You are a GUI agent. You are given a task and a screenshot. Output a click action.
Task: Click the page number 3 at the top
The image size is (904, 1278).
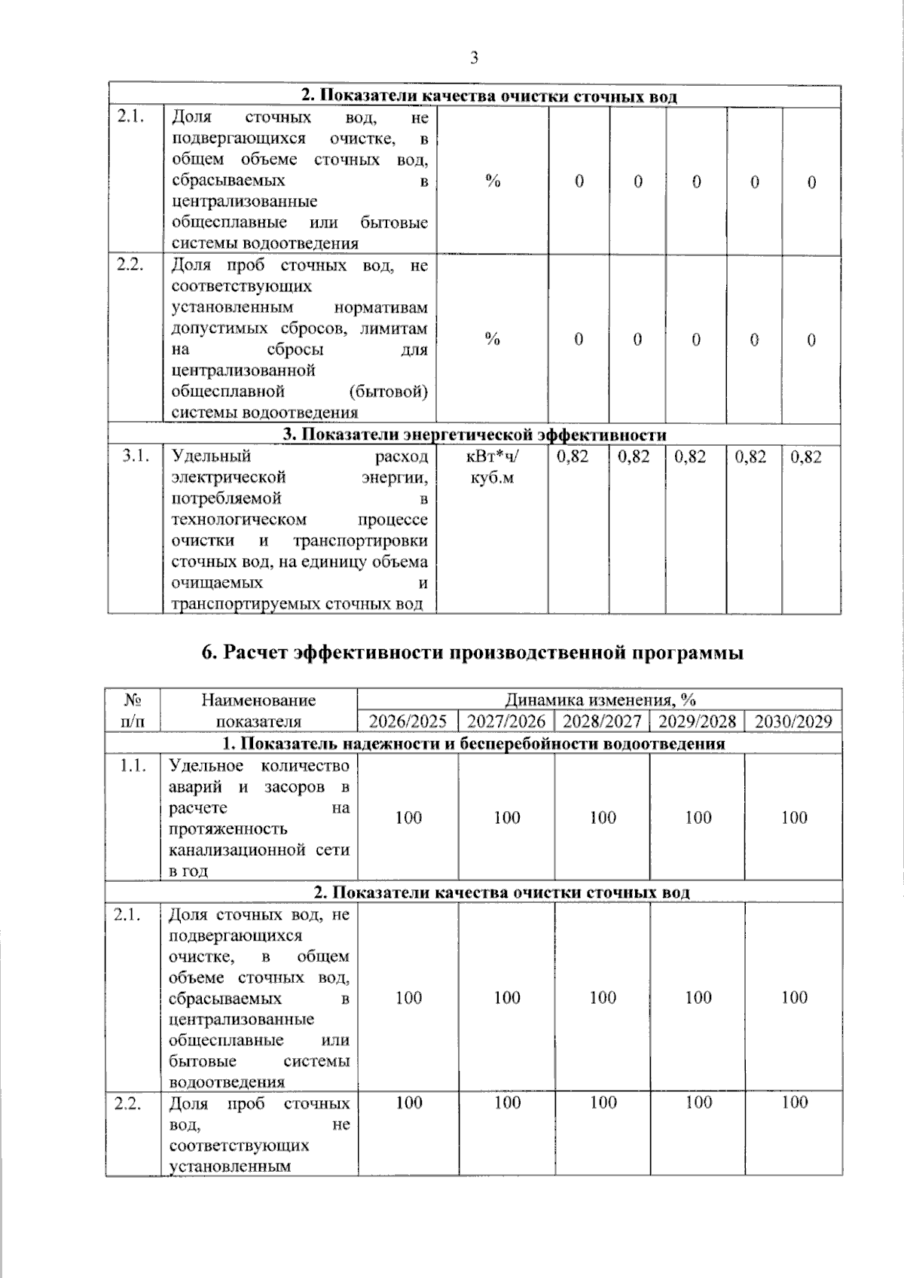coord(474,58)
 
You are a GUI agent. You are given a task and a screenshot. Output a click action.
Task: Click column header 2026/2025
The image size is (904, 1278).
coord(408,721)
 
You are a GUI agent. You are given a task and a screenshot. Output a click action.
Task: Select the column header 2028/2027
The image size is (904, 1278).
coord(602,721)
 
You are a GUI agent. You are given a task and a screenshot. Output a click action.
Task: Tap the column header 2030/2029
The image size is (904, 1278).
coord(793,721)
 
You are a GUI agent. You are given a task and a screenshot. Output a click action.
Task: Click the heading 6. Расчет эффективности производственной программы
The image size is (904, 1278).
coord(472,652)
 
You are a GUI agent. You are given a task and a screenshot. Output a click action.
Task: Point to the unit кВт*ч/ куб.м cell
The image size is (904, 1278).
coord(493,467)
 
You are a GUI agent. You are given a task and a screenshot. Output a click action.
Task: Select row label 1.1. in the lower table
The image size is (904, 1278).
coord(132,766)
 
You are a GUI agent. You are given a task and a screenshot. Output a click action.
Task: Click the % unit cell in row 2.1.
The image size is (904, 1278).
coord(493,181)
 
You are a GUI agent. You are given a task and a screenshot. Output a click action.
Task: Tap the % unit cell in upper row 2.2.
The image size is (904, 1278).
coord(493,340)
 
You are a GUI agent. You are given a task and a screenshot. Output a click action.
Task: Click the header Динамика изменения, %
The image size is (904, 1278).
coord(600,700)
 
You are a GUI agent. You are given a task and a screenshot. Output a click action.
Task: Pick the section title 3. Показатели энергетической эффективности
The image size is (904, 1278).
coord(475,435)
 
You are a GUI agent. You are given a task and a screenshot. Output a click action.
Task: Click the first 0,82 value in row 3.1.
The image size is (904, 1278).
coord(573,456)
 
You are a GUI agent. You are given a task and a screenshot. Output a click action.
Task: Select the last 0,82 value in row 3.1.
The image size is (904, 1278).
coord(806,456)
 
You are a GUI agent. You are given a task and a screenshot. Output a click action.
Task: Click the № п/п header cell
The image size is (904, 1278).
coord(133,710)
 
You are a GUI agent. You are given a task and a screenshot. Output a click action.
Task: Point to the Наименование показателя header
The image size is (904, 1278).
coord(258,710)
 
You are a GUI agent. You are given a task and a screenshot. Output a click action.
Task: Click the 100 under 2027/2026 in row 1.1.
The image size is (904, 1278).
coord(507,817)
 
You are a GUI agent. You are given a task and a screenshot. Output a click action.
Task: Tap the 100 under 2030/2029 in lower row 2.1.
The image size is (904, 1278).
coord(794,997)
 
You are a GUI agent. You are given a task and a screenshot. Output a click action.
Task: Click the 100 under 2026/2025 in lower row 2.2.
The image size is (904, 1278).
coord(408,1103)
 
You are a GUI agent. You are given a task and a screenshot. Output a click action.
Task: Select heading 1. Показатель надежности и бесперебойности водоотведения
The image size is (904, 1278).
coord(475,744)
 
